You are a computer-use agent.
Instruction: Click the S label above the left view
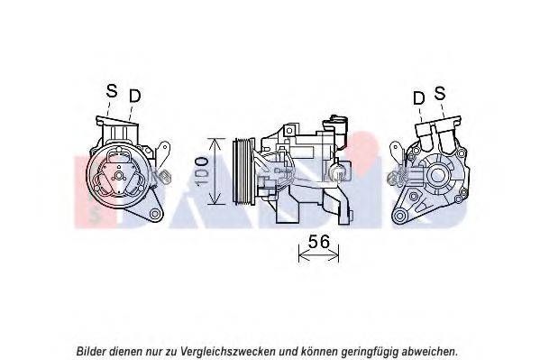[x=112, y=91]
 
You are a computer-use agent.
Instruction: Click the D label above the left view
[x=135, y=96]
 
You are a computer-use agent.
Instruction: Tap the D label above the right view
[x=419, y=98]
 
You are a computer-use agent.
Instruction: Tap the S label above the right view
[x=440, y=93]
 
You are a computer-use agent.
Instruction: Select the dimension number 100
[x=202, y=171]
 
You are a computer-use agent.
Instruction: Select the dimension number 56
[x=318, y=242]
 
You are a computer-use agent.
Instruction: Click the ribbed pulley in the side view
[x=243, y=171]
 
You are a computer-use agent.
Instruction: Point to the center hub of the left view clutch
[x=119, y=176]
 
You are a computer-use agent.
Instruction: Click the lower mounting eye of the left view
[x=155, y=214]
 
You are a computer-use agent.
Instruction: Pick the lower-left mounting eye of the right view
[x=399, y=216]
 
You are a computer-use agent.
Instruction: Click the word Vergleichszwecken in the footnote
[x=227, y=352]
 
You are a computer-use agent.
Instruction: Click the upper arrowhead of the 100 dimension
[x=215, y=143]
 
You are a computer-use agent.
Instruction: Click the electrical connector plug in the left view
[x=165, y=176]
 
